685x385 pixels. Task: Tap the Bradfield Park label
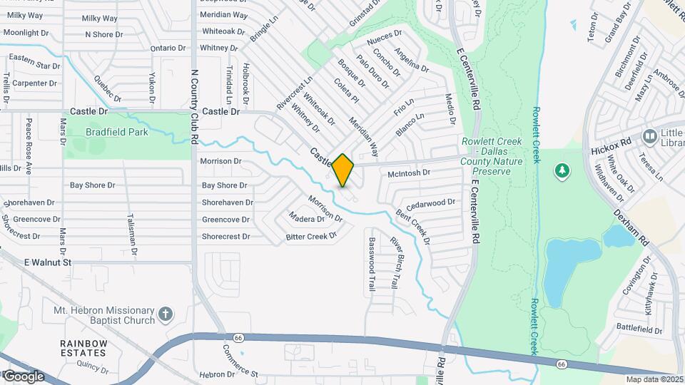[116, 132]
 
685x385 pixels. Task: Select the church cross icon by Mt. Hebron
[166, 313]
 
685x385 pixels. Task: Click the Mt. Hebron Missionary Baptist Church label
[104, 315]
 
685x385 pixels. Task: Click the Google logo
[23, 376]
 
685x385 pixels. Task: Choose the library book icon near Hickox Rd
[649, 135]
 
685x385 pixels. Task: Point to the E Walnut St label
[48, 262]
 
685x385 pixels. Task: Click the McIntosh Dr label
[409, 173]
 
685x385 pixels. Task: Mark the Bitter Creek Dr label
[311, 236]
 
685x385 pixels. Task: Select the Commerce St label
[239, 361]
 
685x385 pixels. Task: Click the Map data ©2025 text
[653, 379]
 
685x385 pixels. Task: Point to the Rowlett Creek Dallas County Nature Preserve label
[492, 156]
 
